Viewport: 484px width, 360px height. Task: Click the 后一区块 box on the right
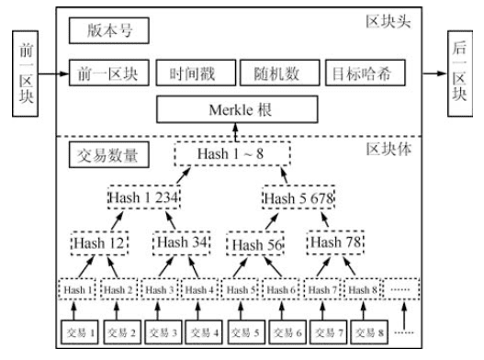[x=460, y=71]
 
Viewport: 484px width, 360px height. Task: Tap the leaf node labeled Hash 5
[x=242, y=290]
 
